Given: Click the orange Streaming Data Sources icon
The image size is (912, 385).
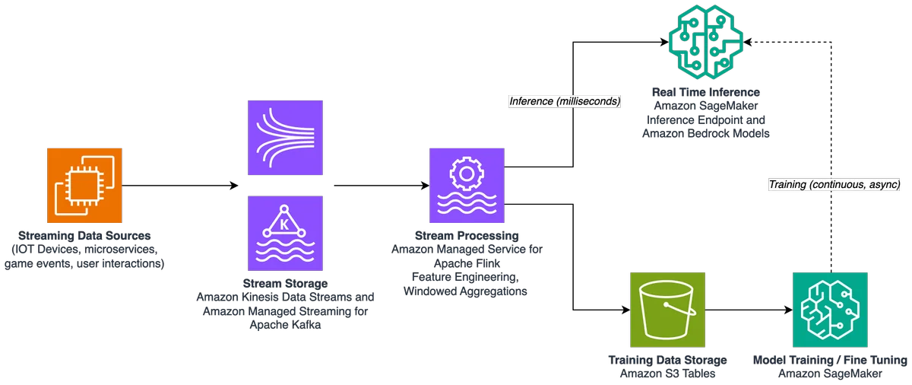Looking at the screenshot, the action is coord(84,186).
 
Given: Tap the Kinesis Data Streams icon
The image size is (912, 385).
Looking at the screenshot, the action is coord(285,138).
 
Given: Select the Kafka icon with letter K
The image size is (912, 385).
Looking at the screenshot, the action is coord(285,233).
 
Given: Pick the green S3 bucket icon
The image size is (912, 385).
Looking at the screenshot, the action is coord(667,310).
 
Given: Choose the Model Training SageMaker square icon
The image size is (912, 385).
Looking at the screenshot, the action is coord(830,310).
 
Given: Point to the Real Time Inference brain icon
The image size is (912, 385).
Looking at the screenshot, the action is coord(706,42).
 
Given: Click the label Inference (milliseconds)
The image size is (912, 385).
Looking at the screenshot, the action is coord(565,101).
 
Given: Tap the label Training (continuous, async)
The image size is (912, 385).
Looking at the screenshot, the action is coord(834,185).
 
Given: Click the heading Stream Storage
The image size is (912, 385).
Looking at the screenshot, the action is coord(285,283).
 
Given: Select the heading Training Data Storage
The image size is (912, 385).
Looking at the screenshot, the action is coord(667,360).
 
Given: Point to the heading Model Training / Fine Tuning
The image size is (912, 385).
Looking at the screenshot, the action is coord(830,360).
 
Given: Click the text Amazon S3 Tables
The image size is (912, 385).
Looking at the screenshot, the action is coord(667,374).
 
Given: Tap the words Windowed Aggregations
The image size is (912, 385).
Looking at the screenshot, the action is coord(465,291).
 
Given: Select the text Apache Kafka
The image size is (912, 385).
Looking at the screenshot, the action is coord(285,325).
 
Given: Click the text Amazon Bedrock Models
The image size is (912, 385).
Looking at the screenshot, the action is coord(706,134).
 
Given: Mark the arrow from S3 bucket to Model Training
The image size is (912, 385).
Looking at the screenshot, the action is coord(749,310).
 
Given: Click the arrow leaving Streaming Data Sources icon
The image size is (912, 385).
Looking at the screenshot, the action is coord(180,186).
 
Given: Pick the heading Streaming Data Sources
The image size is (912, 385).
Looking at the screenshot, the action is coord(84,235).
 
